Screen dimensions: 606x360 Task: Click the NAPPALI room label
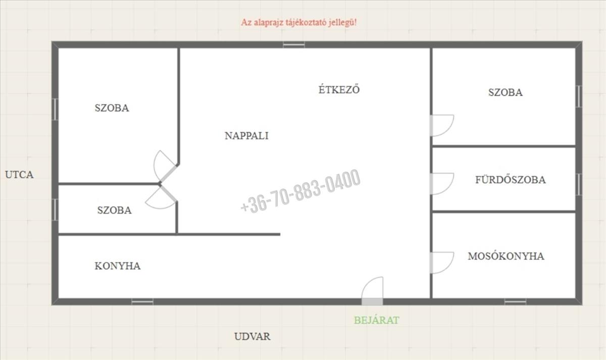click(x=246, y=136)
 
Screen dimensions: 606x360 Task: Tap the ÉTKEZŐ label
click(x=339, y=89)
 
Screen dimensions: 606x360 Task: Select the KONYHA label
click(x=117, y=266)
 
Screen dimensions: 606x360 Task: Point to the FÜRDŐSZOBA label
click(x=511, y=180)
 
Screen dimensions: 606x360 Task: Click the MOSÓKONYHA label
click(x=506, y=256)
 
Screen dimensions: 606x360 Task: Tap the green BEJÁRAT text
click(x=377, y=320)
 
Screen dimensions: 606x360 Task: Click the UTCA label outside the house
click(x=19, y=175)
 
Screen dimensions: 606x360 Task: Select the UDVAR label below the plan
click(x=252, y=336)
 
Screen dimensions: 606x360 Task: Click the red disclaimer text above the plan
click(x=299, y=22)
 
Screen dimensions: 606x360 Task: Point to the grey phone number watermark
click(x=300, y=191)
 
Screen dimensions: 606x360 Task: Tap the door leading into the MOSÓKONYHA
click(x=442, y=263)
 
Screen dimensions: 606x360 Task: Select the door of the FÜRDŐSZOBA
click(x=442, y=184)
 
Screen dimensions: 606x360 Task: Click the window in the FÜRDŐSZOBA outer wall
click(x=579, y=184)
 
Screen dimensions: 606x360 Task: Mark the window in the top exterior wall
click(x=294, y=44)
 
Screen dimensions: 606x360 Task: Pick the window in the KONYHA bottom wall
click(x=142, y=301)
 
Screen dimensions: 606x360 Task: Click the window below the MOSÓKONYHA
click(x=516, y=301)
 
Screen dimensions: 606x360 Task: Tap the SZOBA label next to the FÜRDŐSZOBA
click(x=506, y=92)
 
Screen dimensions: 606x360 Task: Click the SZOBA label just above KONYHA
click(x=115, y=210)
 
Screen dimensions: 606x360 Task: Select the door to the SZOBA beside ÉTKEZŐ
click(x=442, y=126)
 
